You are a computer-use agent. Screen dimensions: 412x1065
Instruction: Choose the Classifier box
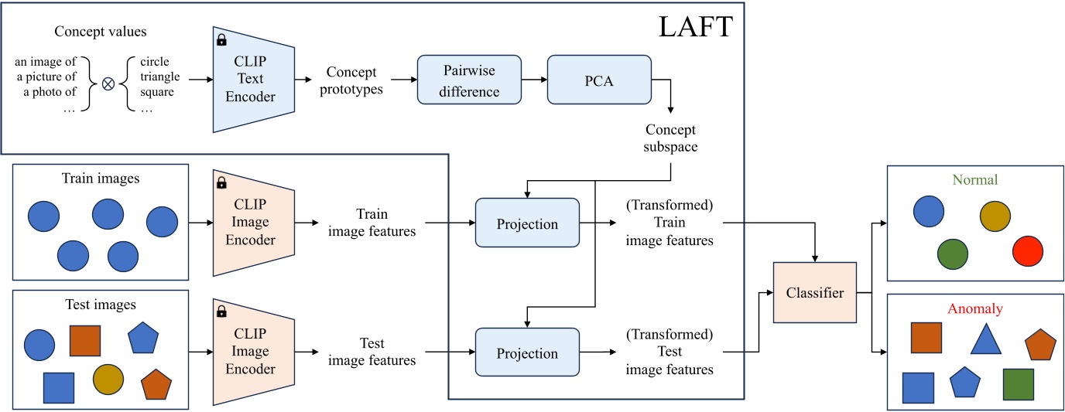coord(814,293)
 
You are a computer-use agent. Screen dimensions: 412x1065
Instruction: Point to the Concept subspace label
coord(669,138)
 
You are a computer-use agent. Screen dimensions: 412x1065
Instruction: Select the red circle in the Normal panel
coord(1028,250)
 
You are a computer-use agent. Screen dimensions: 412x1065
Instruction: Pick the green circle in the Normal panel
coord(953,253)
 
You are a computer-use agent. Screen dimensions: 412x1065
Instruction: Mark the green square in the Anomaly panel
coord(1018,384)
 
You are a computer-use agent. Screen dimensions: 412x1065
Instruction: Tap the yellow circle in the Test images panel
coord(108,378)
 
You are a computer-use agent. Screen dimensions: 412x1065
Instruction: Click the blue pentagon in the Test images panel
coord(144,338)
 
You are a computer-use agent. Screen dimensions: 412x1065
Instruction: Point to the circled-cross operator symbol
coord(108,84)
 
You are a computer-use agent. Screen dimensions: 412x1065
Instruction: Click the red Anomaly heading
coord(974,309)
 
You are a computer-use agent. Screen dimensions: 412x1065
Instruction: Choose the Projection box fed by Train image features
coord(527,224)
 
